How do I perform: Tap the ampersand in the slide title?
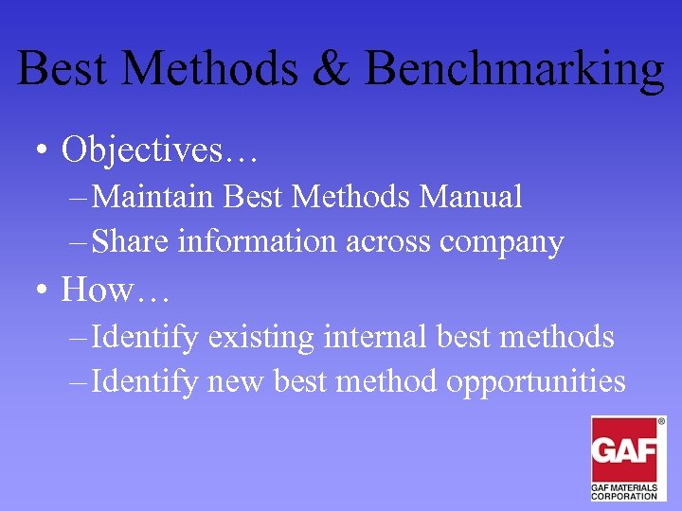[x=332, y=68]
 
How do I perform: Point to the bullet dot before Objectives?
[x=37, y=150]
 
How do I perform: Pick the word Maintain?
[x=155, y=197]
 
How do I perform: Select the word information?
[x=256, y=242]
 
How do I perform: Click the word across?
[x=387, y=243]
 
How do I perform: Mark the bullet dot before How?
[x=37, y=291]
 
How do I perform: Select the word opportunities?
[x=536, y=383]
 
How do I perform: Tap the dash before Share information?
[x=79, y=242]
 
